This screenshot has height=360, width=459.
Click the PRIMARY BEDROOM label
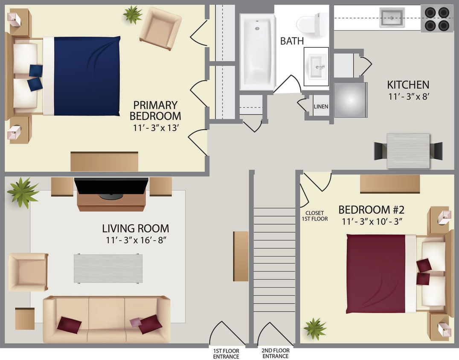click(x=155, y=110)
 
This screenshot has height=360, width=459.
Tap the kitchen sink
click(x=392, y=17)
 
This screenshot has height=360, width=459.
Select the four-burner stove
click(x=437, y=19)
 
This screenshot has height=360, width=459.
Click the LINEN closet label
click(x=321, y=106)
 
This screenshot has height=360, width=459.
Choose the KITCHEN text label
click(x=408, y=84)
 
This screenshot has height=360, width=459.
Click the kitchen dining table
click(x=408, y=151)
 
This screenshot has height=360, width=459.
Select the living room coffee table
click(x=108, y=268)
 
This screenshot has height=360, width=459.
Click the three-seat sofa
click(x=106, y=319)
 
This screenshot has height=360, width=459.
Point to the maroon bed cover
click(x=375, y=273)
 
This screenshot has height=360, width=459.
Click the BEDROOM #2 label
click(x=371, y=210)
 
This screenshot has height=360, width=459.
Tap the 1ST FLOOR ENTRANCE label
click(x=226, y=353)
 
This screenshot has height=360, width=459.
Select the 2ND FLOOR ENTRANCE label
click(x=275, y=353)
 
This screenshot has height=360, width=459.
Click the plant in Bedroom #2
click(x=315, y=328)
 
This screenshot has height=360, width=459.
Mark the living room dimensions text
click(x=136, y=240)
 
